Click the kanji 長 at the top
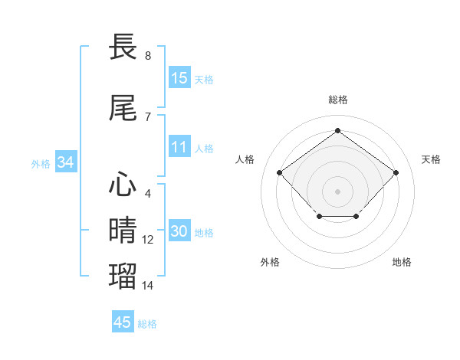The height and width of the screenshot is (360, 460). (x=125, y=47)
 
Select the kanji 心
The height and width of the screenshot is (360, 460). (x=125, y=185)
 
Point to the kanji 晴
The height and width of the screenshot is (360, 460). (x=125, y=230)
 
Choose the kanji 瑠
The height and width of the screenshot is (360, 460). (x=125, y=275)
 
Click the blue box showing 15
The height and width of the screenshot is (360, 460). (x=179, y=78)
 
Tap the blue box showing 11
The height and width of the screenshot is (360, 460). (x=179, y=147)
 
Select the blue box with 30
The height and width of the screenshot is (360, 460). (x=179, y=231)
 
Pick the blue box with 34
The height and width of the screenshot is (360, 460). (x=65, y=162)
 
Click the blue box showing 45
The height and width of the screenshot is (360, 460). (x=123, y=322)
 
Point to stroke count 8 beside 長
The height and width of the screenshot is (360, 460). (x=148, y=56)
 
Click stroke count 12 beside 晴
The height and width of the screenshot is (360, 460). (x=148, y=240)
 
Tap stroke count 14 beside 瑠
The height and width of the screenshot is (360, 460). (x=148, y=285)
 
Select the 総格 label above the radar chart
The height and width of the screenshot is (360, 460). (x=338, y=100)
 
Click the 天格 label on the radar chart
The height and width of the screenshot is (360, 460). (x=431, y=159)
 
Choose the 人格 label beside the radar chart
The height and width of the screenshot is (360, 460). (x=245, y=159)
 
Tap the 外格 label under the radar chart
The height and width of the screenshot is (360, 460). (x=270, y=262)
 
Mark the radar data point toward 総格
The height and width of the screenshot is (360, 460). (x=337, y=131)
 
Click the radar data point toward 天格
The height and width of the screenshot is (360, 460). (x=396, y=173)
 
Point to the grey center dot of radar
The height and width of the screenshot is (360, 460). (x=337, y=191)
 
